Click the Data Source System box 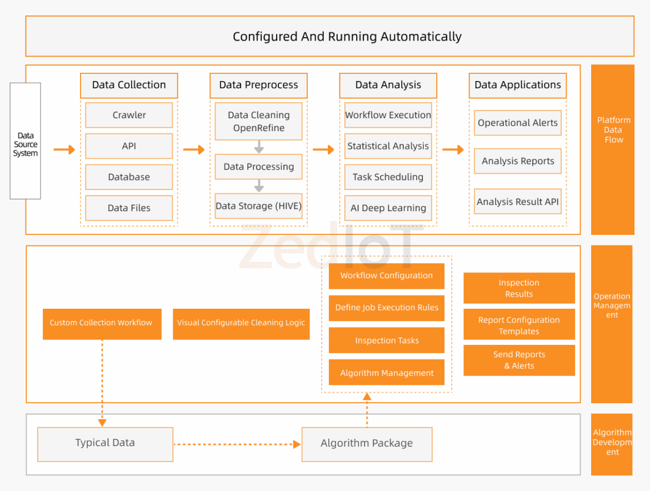pyautogui.click(x=25, y=141)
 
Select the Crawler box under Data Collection pyautogui.click(x=129, y=115)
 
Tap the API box pyautogui.click(x=129, y=146)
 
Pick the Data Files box pyautogui.click(x=129, y=208)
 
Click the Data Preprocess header pyautogui.click(x=258, y=85)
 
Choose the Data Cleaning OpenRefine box pyautogui.click(x=258, y=121)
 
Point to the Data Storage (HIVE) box pyautogui.click(x=258, y=206)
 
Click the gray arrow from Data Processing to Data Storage pyautogui.click(x=259, y=186)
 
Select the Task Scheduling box pyautogui.click(x=388, y=177)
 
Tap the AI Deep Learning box pyautogui.click(x=388, y=208)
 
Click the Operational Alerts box pyautogui.click(x=517, y=123)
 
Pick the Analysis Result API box pyautogui.click(x=517, y=202)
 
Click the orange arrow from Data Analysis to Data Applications pyautogui.click(x=453, y=150)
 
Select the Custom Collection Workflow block pyautogui.click(x=102, y=323)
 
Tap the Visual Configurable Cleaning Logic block pyautogui.click(x=241, y=323)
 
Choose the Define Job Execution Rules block pyautogui.click(x=387, y=308)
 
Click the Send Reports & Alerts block pyautogui.click(x=519, y=360)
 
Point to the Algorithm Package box pyautogui.click(x=367, y=444)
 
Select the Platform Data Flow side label pyautogui.click(x=613, y=131)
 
